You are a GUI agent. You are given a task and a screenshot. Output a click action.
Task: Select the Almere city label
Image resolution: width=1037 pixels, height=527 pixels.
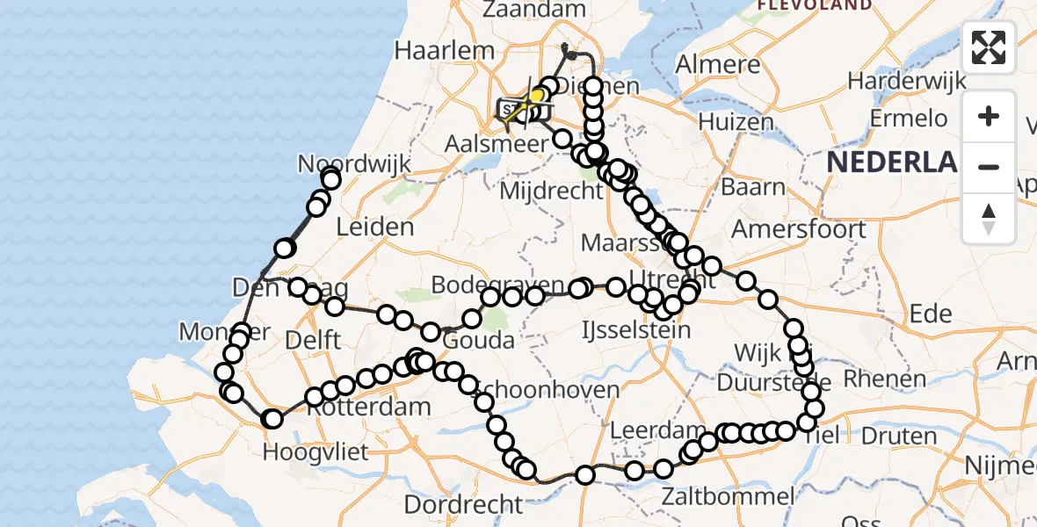tap(719, 65)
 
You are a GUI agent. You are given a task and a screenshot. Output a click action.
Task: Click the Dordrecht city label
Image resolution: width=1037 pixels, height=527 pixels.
tap(464, 504)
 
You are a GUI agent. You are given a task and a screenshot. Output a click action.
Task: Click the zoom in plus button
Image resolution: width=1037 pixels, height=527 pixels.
tap(989, 117)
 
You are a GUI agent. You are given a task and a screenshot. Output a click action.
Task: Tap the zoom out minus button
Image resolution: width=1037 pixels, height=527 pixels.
tap(989, 167)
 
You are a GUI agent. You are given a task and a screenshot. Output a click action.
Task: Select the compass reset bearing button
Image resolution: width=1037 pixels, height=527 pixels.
tap(989, 217)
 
